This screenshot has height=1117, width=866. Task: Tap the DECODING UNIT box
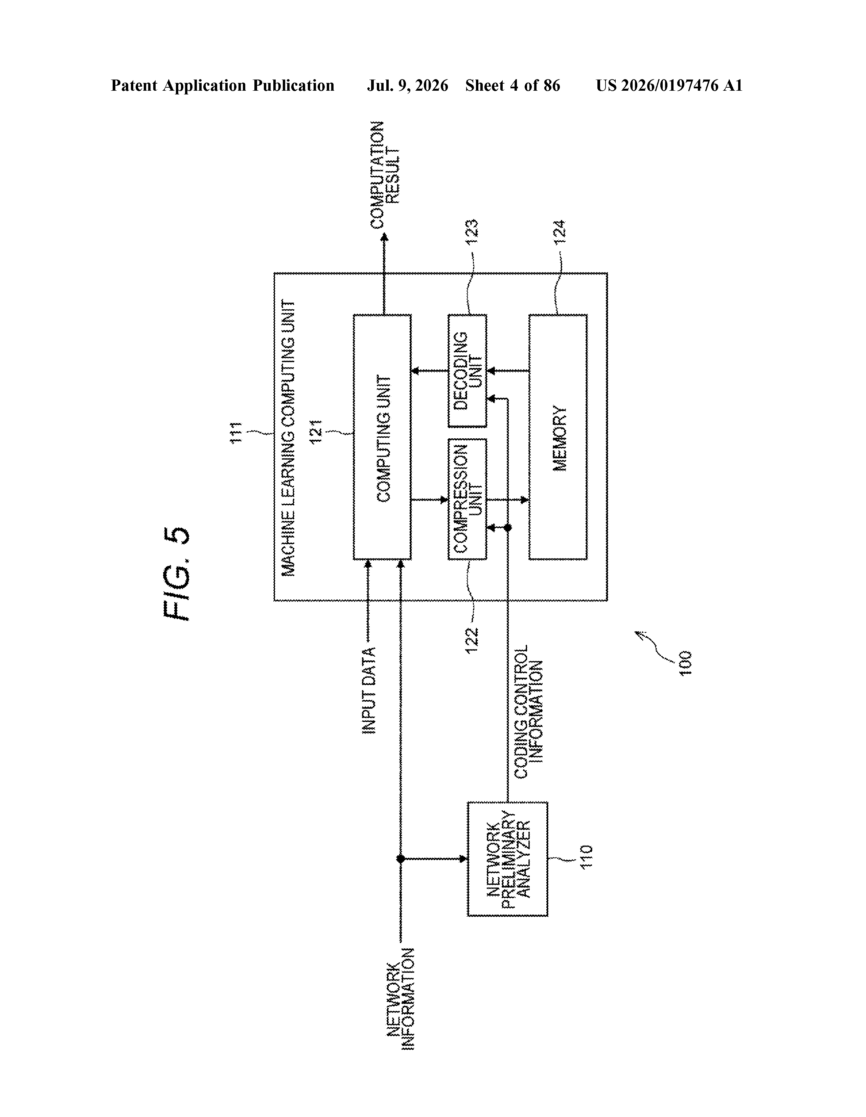467,371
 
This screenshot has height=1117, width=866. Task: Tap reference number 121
315,432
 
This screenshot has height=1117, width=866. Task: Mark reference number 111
236,433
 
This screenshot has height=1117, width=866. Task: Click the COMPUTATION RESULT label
385,175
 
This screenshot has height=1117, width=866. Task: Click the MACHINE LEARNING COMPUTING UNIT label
288,438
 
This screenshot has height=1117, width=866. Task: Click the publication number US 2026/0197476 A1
669,85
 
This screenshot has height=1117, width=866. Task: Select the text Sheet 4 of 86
513,85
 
